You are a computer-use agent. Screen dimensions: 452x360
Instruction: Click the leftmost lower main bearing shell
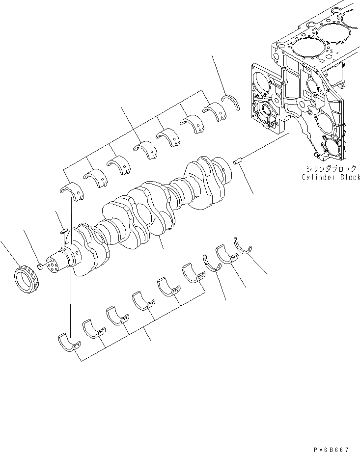tap(68, 342)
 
